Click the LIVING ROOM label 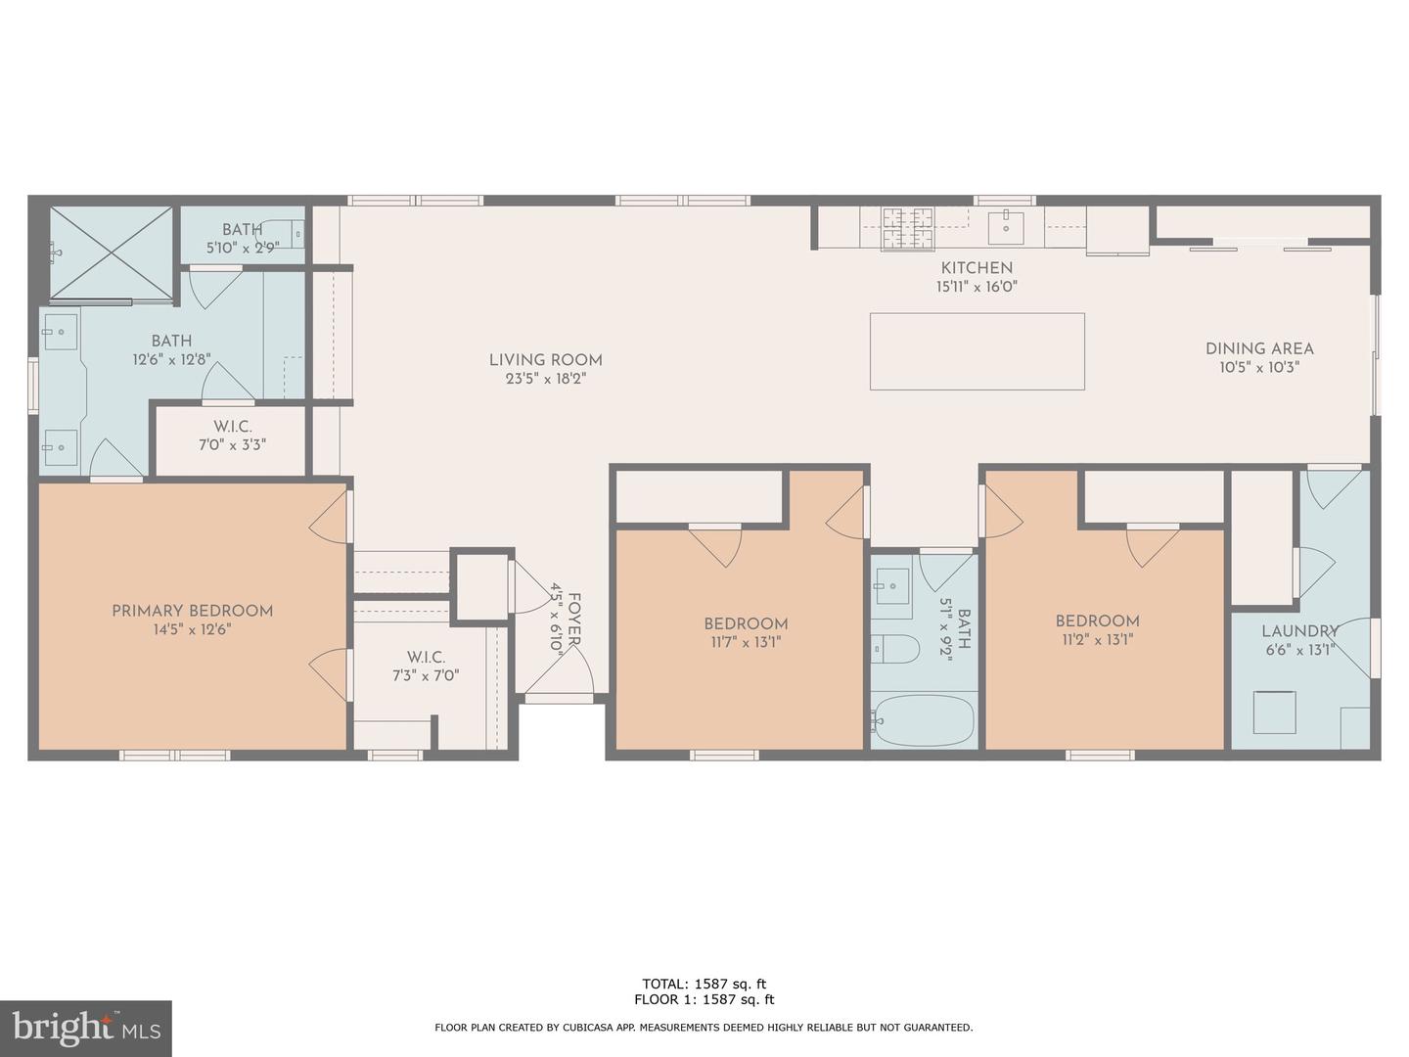pyautogui.click(x=545, y=360)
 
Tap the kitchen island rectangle pyautogui.click(x=977, y=351)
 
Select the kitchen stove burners pyautogui.click(x=907, y=229)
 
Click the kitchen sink pyautogui.click(x=1005, y=226)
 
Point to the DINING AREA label pyautogui.click(x=1258, y=348)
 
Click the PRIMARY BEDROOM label pyautogui.click(x=192, y=611)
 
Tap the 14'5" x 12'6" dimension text pyautogui.click(x=192, y=630)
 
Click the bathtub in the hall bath pyautogui.click(x=924, y=720)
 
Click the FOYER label pyautogui.click(x=574, y=619)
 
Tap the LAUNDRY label pyautogui.click(x=1298, y=631)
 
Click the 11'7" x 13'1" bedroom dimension pyautogui.click(x=746, y=643)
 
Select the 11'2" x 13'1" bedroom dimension pyautogui.click(x=1097, y=640)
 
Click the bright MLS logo pyautogui.click(x=86, y=1028)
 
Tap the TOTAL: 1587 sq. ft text pyautogui.click(x=704, y=984)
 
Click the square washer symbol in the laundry pyautogui.click(x=1275, y=712)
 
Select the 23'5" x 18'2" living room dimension pyautogui.click(x=545, y=380)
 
